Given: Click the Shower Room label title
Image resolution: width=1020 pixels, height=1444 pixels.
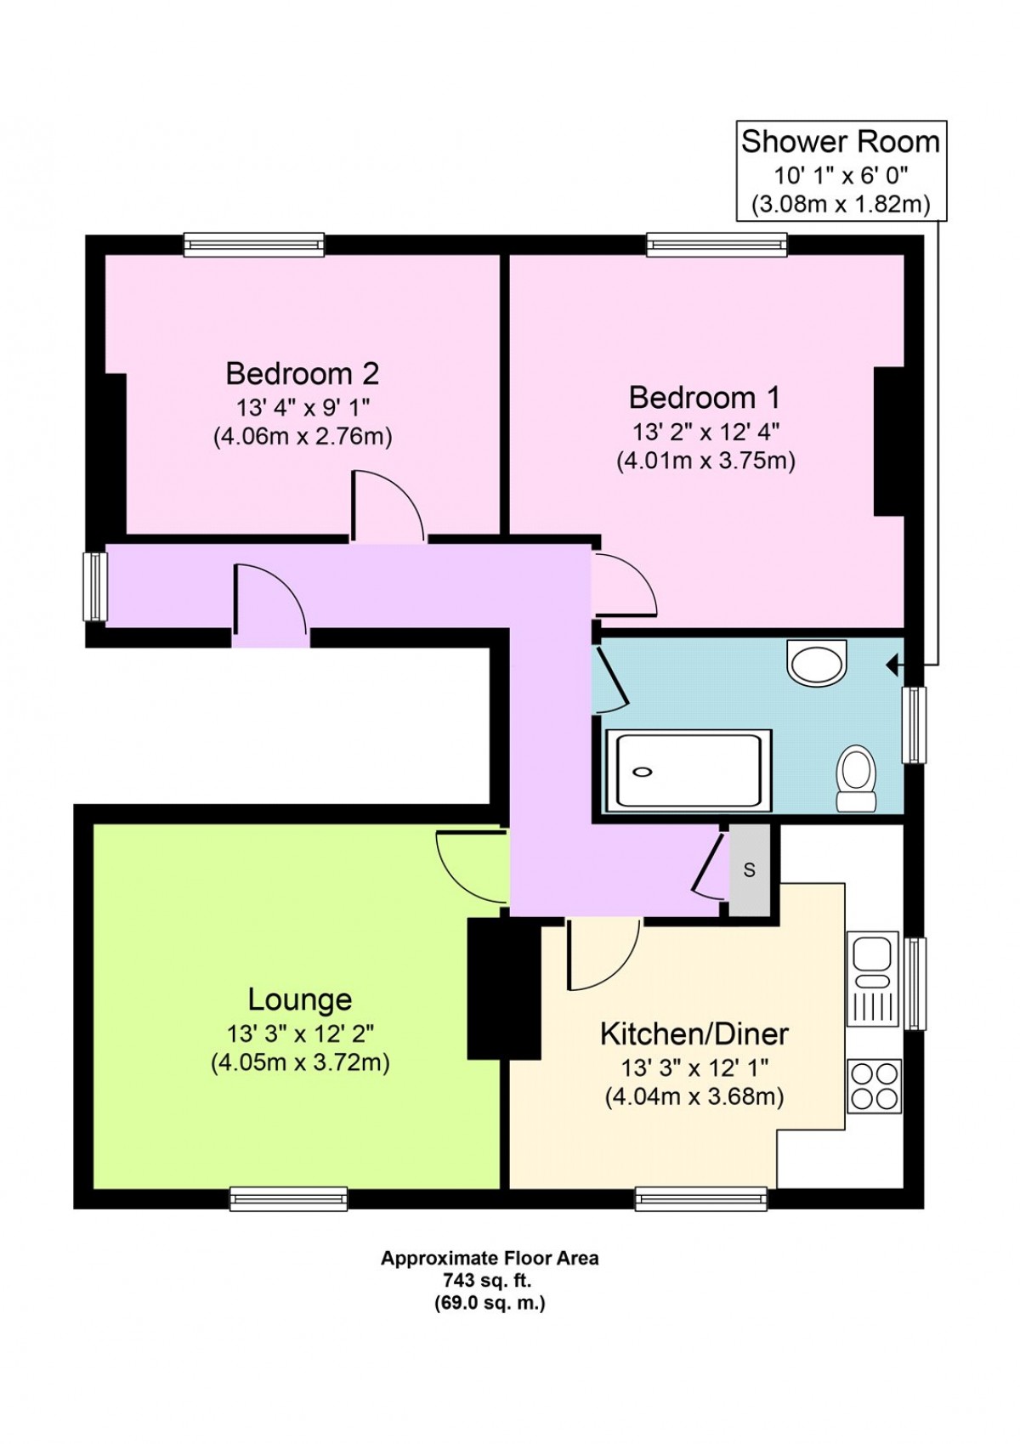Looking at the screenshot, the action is tap(840, 142).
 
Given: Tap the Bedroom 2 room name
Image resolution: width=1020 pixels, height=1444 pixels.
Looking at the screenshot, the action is tap(303, 373).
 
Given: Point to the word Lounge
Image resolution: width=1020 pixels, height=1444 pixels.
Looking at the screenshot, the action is tap(300, 999).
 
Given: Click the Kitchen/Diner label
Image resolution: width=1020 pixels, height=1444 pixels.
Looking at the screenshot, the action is tap(694, 1033).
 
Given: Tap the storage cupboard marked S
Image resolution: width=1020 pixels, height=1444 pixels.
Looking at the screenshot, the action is tap(749, 869).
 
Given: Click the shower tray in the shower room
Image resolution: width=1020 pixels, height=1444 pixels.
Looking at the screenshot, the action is tap(688, 770).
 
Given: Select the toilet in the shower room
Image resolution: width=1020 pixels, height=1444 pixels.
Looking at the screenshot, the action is tap(856, 778).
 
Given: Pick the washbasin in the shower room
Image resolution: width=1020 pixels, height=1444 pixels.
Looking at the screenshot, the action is tap(816, 663).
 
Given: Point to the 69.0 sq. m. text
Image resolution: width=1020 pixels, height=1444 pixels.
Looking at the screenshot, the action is tap(490, 1285).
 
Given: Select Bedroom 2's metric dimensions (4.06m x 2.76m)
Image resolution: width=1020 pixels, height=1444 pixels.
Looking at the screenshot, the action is tap(303, 437).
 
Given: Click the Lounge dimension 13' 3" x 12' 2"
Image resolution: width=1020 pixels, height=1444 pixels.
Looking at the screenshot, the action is tap(300, 1034).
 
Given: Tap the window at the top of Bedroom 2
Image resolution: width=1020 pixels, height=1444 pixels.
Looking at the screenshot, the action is tap(253, 244).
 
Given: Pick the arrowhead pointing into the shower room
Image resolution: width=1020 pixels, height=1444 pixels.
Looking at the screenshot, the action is tap(894, 664).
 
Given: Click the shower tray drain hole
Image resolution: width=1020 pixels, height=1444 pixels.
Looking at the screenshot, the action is tap(643, 771).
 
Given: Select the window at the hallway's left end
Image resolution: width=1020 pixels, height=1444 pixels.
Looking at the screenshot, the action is tap(96, 586).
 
